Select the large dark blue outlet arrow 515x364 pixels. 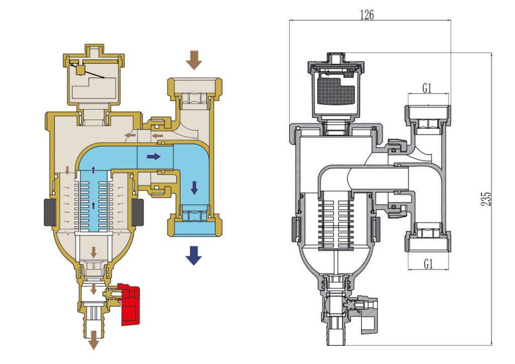[193, 256]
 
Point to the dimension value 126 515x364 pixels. [367, 15]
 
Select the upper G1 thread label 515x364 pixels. [427, 88]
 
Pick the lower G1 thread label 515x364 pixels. [427, 263]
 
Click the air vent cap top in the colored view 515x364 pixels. [94, 52]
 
